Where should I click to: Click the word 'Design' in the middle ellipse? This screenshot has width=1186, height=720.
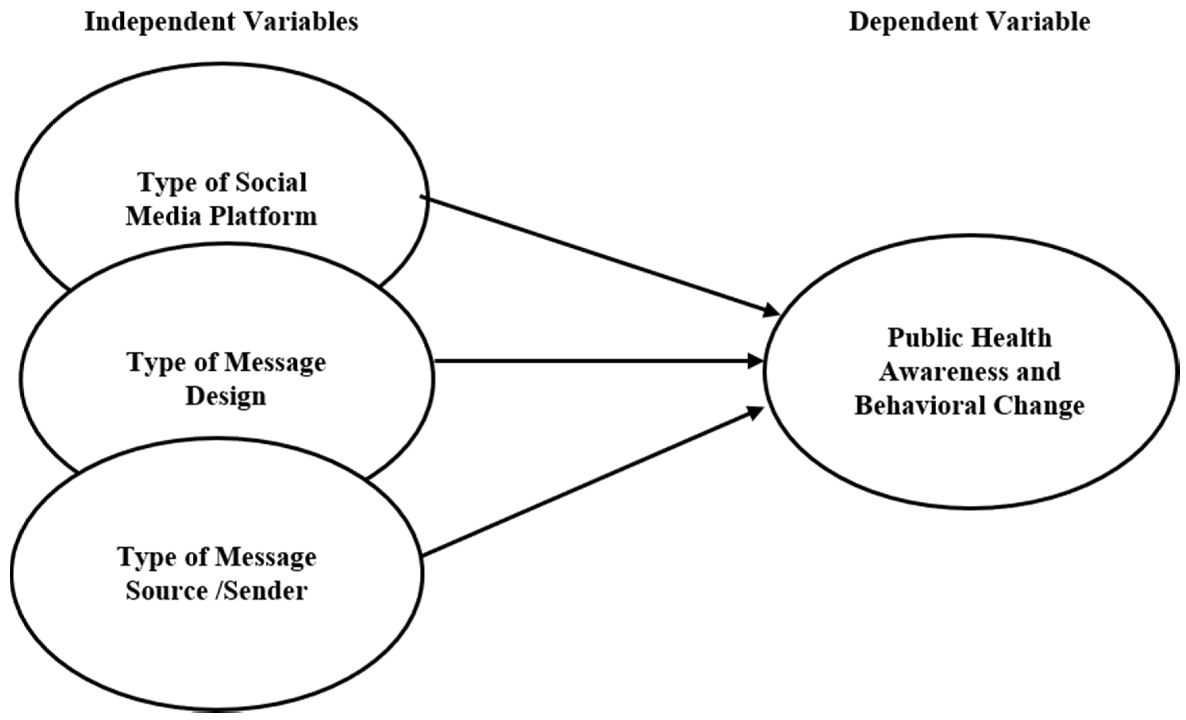tap(226, 397)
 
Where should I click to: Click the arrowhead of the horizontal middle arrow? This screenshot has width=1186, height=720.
tap(756, 361)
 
